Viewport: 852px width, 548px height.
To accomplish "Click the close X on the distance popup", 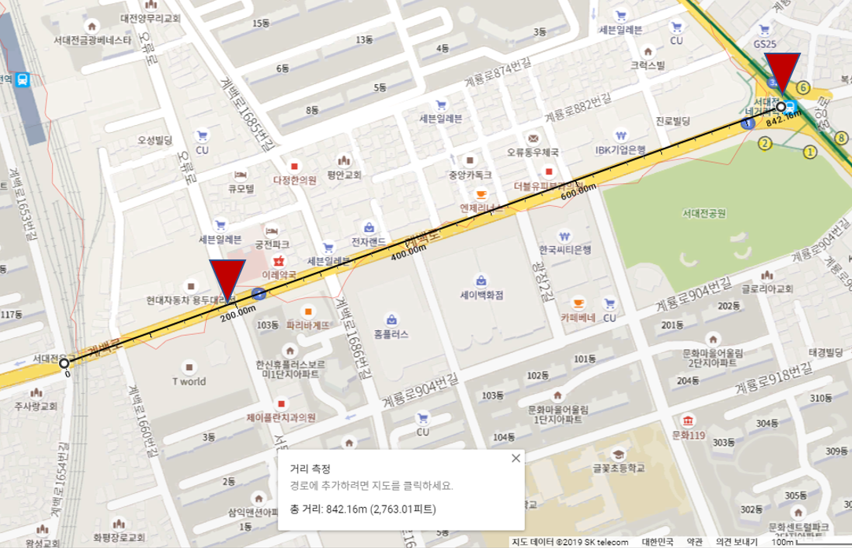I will point(516,458).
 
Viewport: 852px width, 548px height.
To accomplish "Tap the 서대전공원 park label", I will point(703,213).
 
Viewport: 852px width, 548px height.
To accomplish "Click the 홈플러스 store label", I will point(391,333).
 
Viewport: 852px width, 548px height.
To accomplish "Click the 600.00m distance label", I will point(578,191).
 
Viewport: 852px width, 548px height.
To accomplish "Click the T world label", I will point(189,382).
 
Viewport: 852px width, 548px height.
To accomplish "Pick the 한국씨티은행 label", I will point(564,248).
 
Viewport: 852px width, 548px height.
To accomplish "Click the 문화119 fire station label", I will point(685,433).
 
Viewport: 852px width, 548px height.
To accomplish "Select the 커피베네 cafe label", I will point(578,318).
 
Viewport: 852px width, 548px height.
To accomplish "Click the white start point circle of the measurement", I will point(64,362).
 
